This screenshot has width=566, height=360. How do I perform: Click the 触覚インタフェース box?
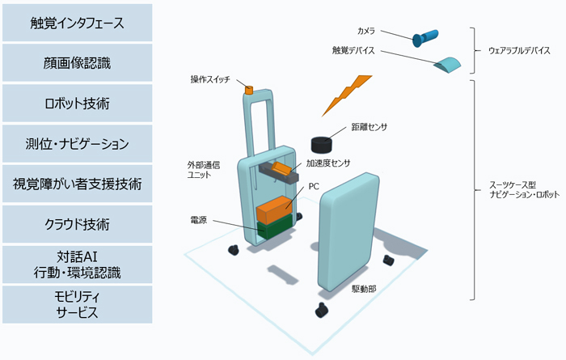coord(78,23)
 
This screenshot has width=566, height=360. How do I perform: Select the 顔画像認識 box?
coord(78,63)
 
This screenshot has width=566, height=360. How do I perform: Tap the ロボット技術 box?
coord(78,104)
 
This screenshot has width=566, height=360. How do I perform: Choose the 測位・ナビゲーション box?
coord(78,144)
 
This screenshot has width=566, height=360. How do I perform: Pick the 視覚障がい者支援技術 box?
coord(78,184)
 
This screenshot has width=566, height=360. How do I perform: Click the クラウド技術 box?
coord(78,224)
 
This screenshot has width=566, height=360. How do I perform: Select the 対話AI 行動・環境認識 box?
coord(78,264)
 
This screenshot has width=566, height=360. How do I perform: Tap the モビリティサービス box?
coord(78,303)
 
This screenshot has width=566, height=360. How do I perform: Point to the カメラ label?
coord(365,31)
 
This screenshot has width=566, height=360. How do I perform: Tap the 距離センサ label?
coord(369,127)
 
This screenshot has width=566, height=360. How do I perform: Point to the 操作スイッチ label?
coord(210,79)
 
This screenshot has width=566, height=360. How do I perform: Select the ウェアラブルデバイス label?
coord(518,50)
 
